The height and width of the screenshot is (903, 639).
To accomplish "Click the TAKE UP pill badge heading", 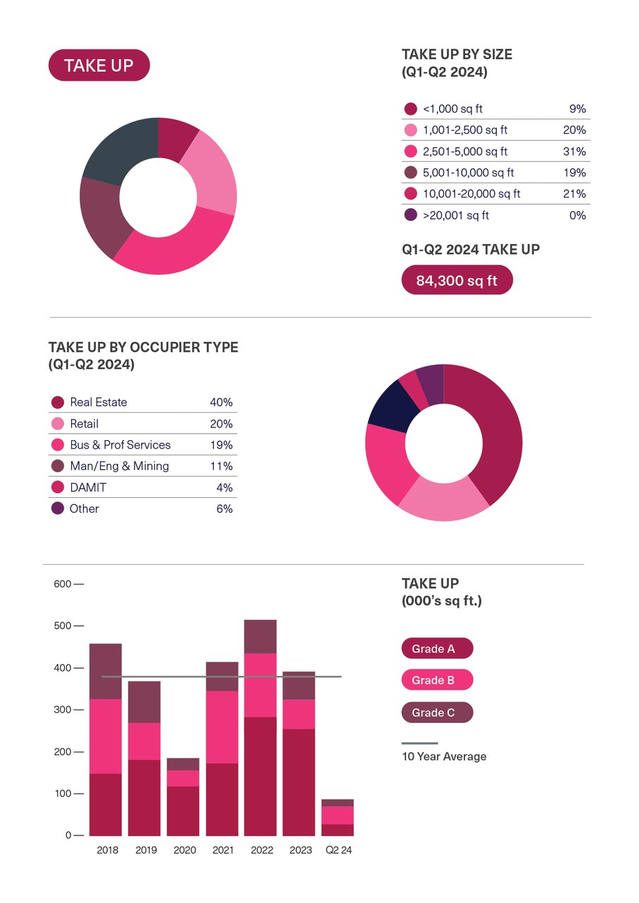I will pos(99,65).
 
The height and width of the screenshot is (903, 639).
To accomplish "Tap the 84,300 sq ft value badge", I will pos(457,281).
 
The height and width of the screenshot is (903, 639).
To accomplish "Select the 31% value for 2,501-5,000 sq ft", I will pos(577,151).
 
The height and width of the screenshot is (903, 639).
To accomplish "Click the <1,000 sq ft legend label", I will pos(453,109).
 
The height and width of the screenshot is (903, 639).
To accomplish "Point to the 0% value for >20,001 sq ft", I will pos(577,215).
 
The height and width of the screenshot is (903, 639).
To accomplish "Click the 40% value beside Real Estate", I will pos(221,402).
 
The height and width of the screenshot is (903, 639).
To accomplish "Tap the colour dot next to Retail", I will pos(58,423).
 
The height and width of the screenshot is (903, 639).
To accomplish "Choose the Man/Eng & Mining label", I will pos(119,466).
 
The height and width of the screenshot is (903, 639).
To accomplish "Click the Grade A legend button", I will pos(437,648).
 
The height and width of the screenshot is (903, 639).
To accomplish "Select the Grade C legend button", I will pos(437,712).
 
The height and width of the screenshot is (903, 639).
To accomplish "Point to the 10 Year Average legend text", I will pos(444,757).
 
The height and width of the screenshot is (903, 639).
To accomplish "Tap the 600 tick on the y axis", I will pos(63,584).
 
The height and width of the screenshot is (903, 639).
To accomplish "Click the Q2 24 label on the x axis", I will pos(338,850).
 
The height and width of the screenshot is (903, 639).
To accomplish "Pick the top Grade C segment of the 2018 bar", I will pos(106,671).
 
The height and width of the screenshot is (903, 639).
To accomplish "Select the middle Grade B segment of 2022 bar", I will pos(260,685).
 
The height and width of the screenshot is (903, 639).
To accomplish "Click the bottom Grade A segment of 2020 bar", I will pos(183,811).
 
